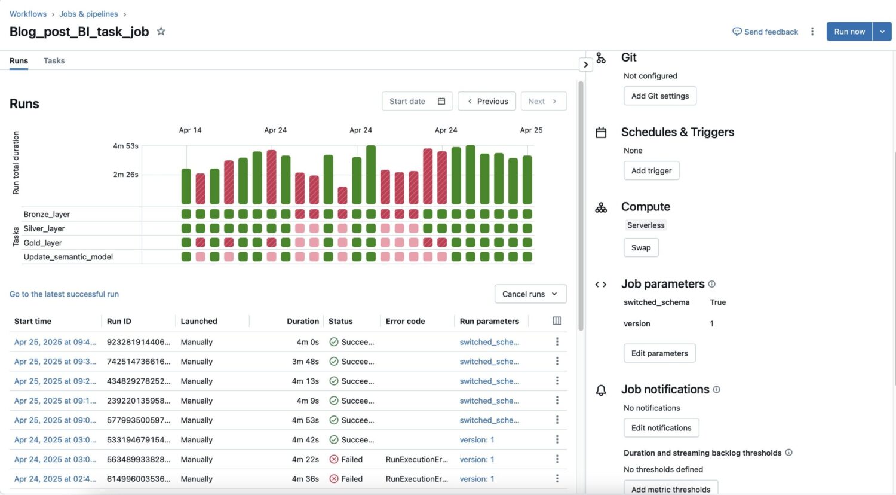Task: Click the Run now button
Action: pos(849,32)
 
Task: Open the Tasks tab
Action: pos(54,61)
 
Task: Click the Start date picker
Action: pos(417,102)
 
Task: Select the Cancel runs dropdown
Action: pos(530,294)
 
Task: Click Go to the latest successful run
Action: pos(64,294)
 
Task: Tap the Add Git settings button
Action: pos(659,96)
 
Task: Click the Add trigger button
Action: pos(651,171)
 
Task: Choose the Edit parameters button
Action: pos(659,353)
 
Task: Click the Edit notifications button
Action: pos(661,428)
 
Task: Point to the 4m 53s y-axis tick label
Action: pos(125,146)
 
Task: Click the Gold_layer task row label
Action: pos(42,243)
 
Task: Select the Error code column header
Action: pos(405,322)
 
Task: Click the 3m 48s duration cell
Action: pos(305,362)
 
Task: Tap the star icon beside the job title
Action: pos(161,32)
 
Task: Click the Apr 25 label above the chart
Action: pos(531,130)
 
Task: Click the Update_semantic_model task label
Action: pos(68,257)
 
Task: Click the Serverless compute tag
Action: pos(645,225)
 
